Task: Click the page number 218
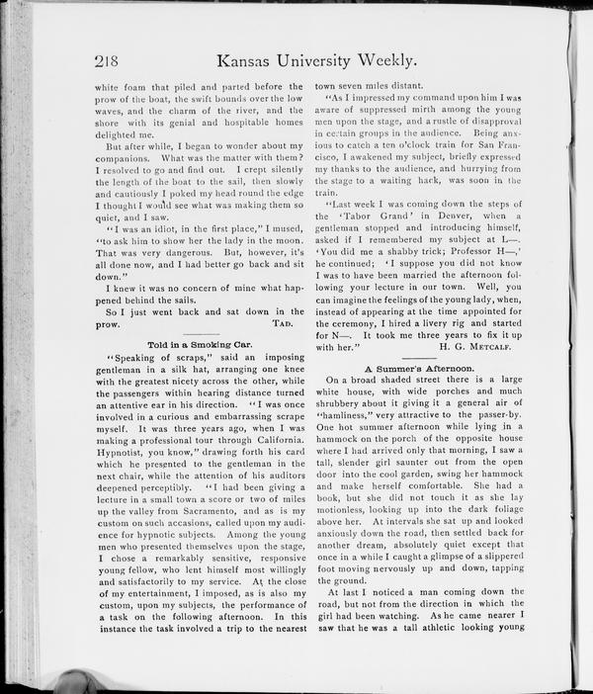[106, 61]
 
